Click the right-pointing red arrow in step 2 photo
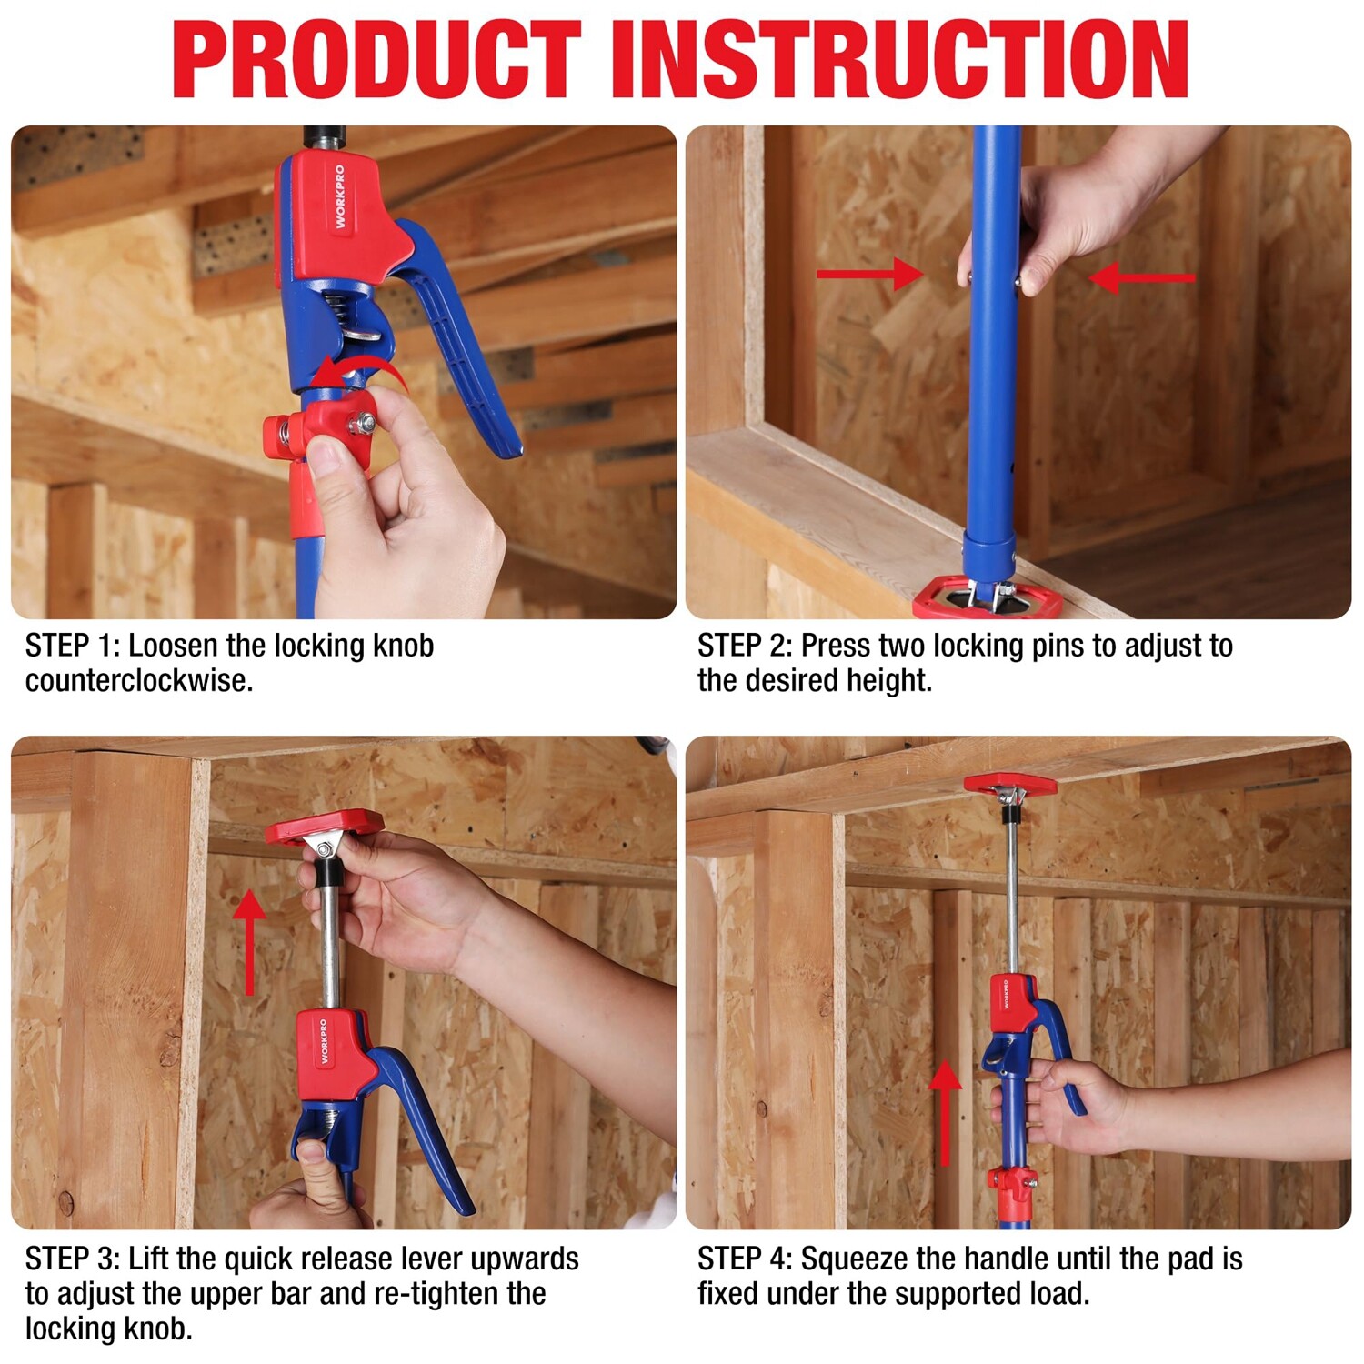tap(869, 274)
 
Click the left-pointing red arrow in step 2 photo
tap(1142, 277)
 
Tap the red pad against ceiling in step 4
tap(1010, 784)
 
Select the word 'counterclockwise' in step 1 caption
tap(138, 680)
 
